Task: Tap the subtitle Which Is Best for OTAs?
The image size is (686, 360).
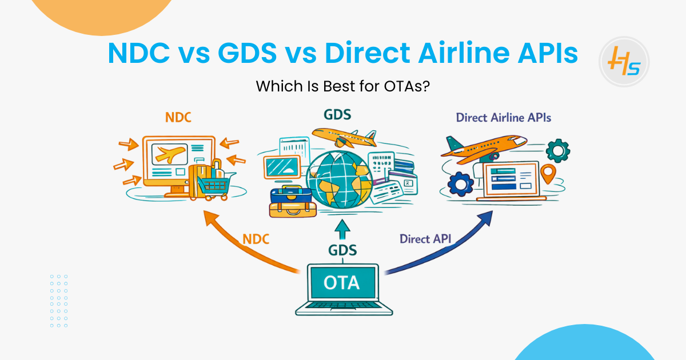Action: [x=342, y=87]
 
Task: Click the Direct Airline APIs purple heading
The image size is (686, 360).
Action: [x=503, y=118]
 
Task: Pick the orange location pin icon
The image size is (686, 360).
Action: [x=548, y=174]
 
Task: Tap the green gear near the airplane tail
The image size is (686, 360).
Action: [x=558, y=150]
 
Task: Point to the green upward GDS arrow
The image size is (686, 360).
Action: [x=343, y=229]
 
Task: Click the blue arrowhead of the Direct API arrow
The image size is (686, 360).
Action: [x=485, y=218]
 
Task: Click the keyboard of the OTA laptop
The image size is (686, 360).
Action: [x=344, y=308]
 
